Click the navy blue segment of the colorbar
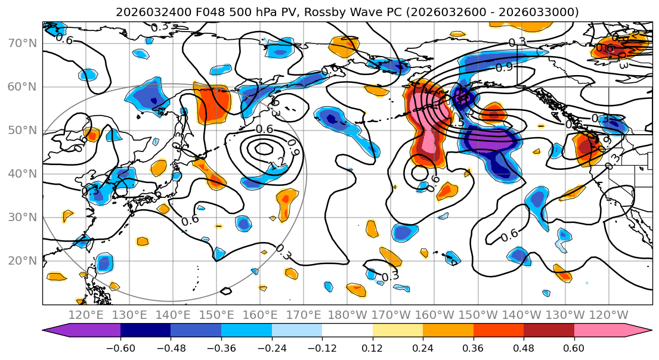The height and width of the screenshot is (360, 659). coord(146,331)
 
